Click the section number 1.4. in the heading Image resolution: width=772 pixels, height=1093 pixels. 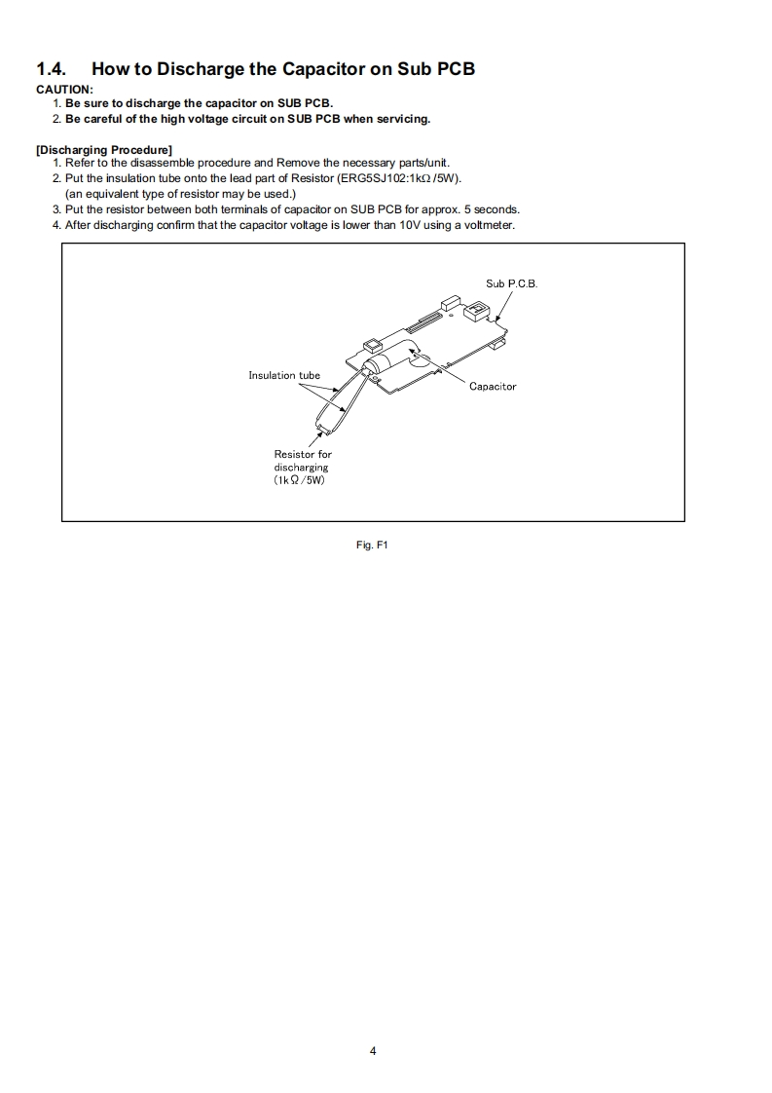53,69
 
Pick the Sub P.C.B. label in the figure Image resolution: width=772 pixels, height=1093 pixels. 511,283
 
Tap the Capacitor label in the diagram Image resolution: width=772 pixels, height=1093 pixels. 493,387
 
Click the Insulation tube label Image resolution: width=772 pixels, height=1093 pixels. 284,375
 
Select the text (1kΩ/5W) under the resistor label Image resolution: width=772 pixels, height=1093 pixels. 300,481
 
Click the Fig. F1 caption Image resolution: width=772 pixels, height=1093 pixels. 373,545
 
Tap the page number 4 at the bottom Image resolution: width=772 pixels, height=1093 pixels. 373,1051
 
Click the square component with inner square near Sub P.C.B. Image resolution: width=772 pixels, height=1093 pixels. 477,310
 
